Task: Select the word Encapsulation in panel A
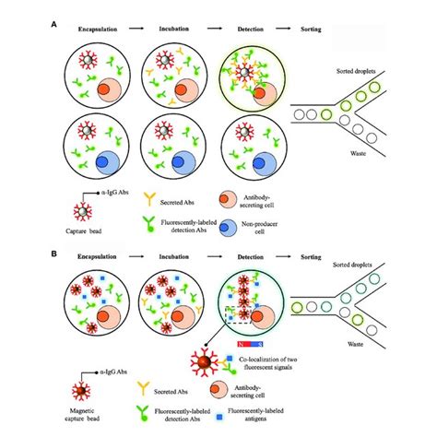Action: [x=98, y=29]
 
